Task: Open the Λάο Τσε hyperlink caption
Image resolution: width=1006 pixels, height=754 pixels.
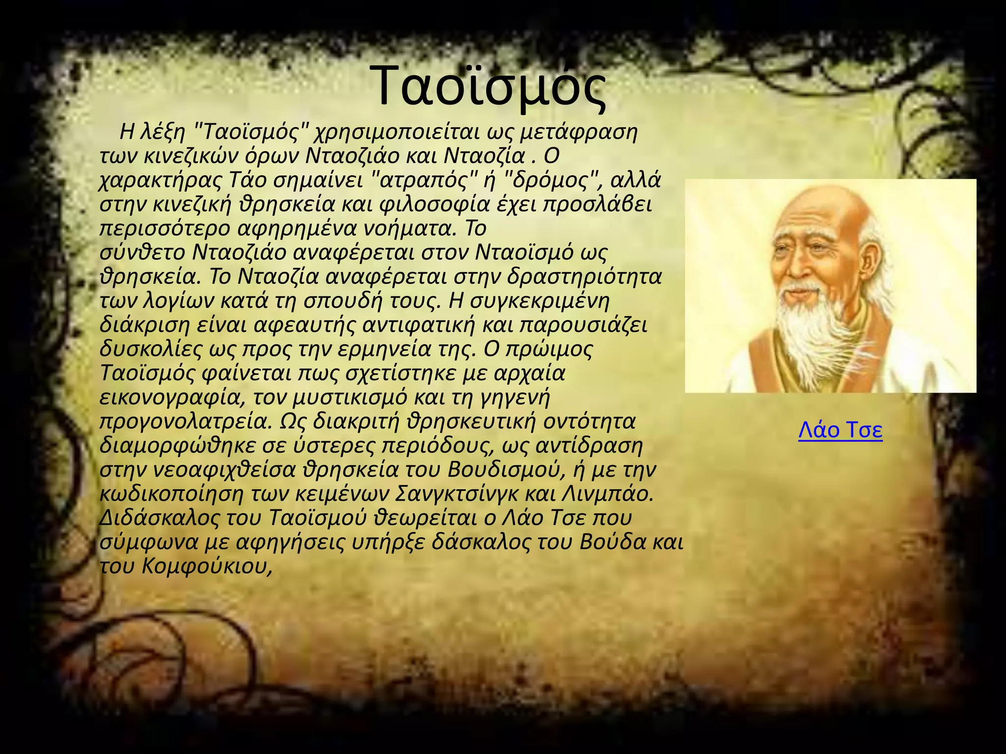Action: point(840,430)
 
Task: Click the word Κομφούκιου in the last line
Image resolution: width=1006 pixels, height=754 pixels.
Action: point(206,566)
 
